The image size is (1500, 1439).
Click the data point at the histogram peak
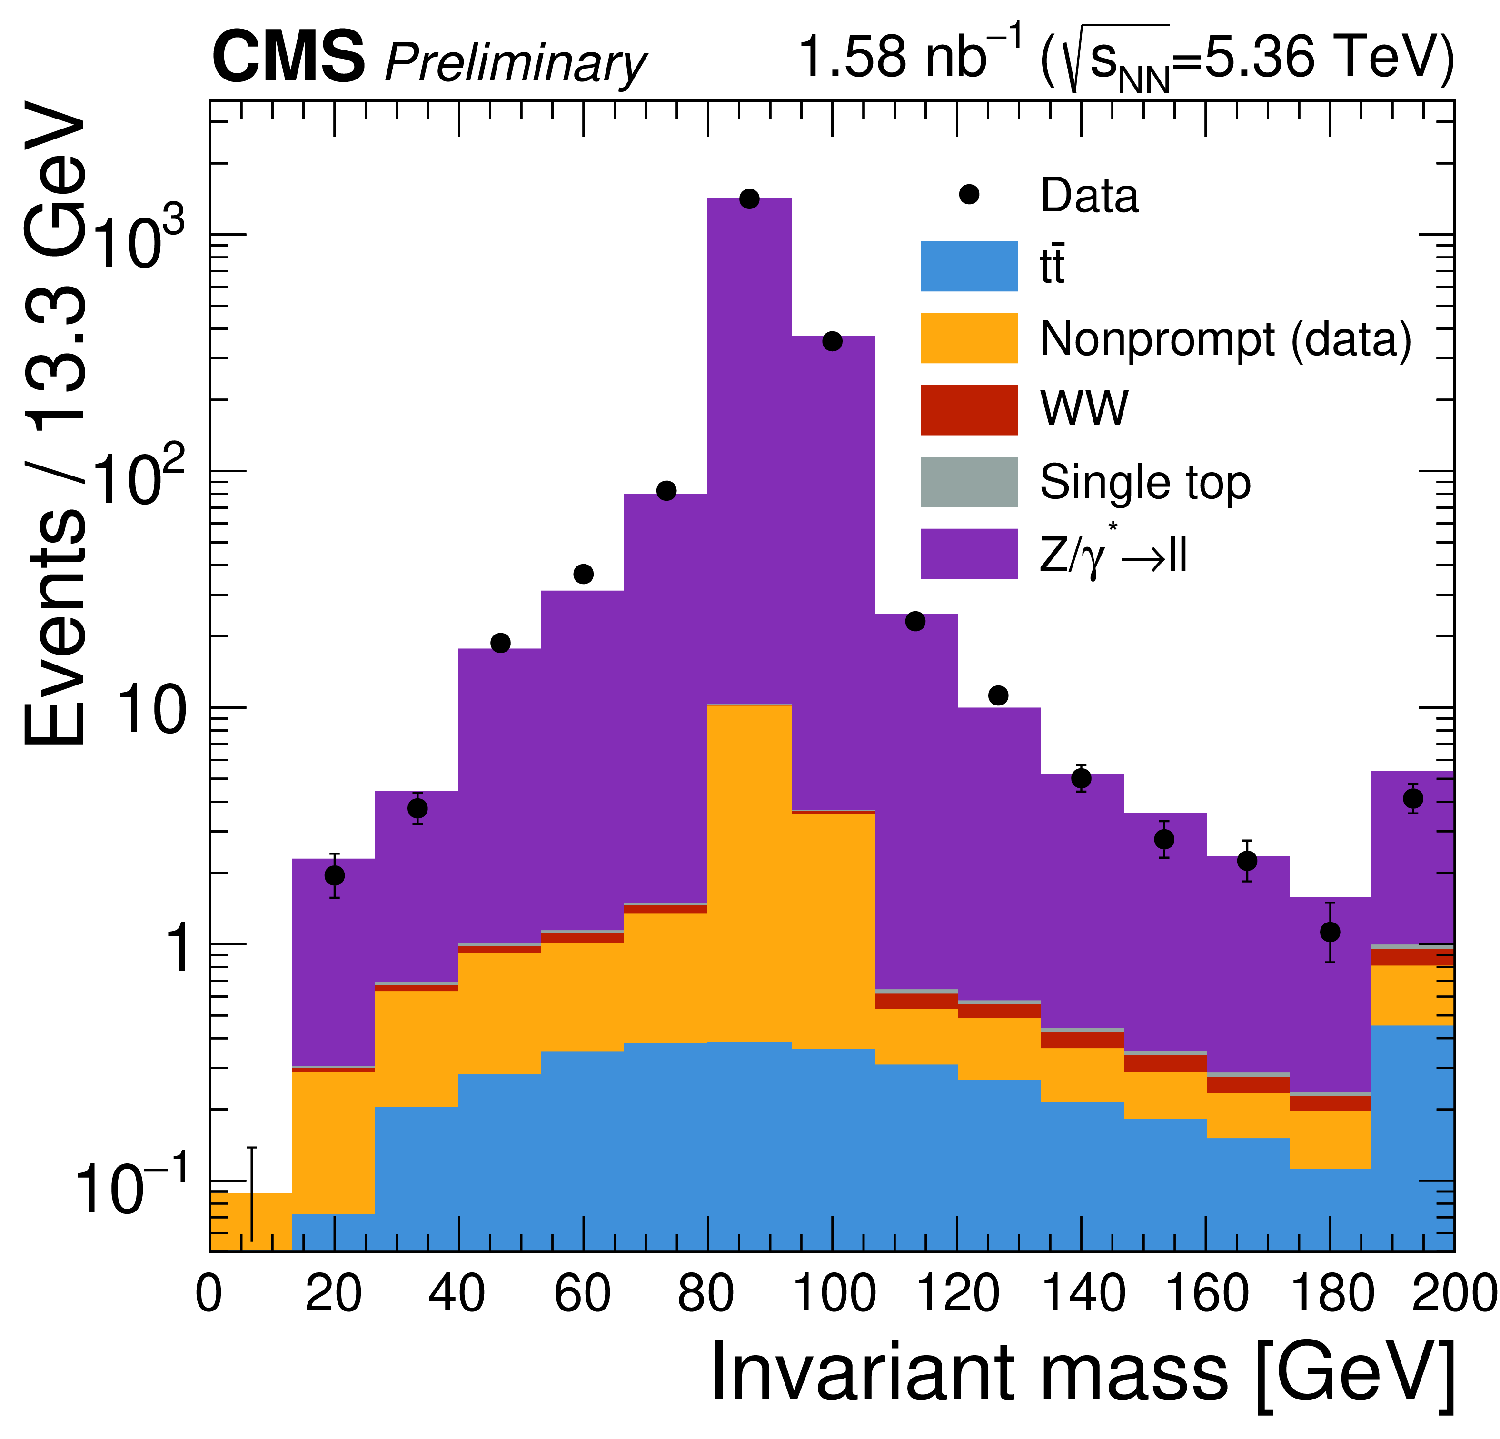(x=749, y=199)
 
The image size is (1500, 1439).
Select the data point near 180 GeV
(x=1330, y=933)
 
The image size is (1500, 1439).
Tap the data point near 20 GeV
(x=335, y=875)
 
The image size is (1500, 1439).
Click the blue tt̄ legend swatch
(x=968, y=267)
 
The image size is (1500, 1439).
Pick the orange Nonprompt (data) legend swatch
(x=968, y=337)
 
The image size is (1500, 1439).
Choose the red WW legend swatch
(x=968, y=409)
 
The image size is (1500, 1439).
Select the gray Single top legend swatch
(x=968, y=481)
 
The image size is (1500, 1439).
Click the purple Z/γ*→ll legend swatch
(x=968, y=554)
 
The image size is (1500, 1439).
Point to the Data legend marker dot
(x=969, y=194)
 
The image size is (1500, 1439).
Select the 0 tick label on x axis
(x=209, y=1293)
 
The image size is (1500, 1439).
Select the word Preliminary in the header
(x=515, y=63)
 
